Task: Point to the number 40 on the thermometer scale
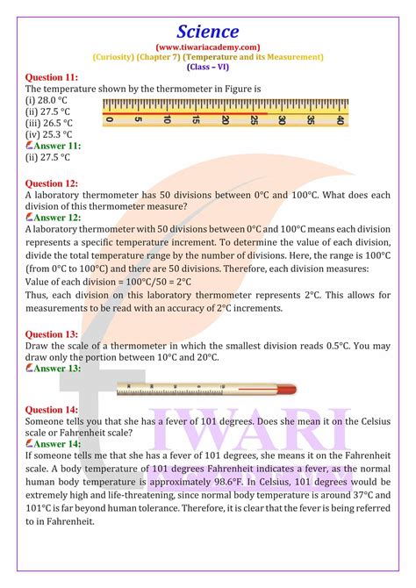coord(340,120)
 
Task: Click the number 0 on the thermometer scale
coord(108,120)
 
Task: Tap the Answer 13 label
coord(56,369)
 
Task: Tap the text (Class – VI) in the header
coord(208,67)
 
